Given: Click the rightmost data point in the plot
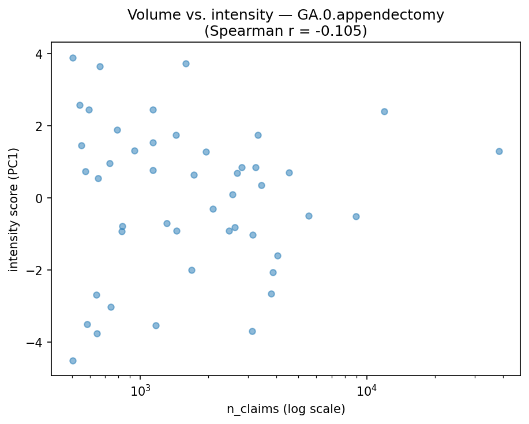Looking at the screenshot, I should tap(499, 151).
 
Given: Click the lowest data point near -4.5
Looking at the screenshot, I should tap(73, 361).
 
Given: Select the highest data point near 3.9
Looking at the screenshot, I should tap(73, 58).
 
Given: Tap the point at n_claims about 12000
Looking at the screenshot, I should tap(384, 111).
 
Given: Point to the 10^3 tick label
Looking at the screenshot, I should tap(140, 391).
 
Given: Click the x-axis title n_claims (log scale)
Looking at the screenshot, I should tap(286, 409).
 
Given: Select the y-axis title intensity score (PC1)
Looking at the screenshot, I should tap(14, 209).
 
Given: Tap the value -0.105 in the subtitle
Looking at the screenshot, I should tap(336, 31).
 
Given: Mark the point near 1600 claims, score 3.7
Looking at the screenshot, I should tap(186, 63).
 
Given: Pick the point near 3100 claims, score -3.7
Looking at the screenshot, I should tap(252, 331).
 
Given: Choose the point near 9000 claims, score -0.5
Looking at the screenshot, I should tap(356, 216).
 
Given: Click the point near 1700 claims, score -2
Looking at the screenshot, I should tap(192, 270).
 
